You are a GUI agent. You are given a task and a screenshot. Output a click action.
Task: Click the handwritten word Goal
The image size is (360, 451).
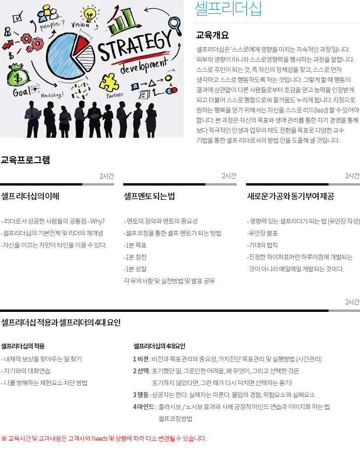tap(22, 92)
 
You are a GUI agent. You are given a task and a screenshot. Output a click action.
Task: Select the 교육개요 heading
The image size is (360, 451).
tap(212, 35)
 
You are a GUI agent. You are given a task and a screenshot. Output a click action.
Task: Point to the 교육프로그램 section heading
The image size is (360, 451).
tap(25, 160)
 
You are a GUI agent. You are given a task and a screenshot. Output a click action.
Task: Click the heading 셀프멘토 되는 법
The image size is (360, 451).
tap(149, 197)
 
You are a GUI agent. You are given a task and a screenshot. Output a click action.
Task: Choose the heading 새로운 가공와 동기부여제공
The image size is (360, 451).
tap(291, 197)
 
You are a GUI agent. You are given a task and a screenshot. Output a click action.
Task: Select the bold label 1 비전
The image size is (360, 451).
tap(140, 359)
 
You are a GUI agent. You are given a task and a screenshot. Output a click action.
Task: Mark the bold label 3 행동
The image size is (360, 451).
tap(140, 395)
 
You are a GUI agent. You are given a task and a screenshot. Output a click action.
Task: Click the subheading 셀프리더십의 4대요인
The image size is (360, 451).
tap(159, 346)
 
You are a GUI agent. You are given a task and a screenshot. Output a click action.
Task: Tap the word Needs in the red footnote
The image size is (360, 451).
tap(99, 439)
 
